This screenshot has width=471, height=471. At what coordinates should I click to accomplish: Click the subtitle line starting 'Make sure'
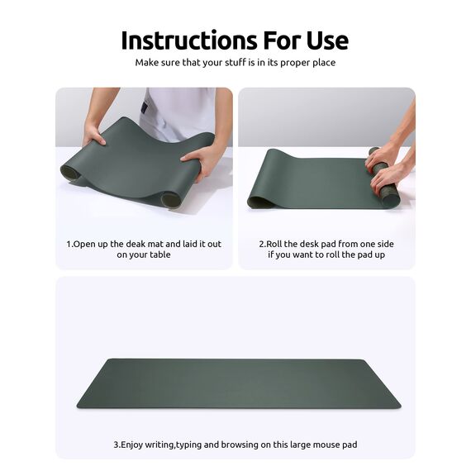pos(235,63)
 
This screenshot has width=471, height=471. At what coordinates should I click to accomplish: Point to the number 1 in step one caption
pos(69,245)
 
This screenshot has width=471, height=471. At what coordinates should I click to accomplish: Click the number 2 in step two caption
pos(262,245)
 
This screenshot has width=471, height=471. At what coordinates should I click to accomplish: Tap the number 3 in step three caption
pos(116,445)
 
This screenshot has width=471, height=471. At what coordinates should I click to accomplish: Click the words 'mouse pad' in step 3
pos(333,445)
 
